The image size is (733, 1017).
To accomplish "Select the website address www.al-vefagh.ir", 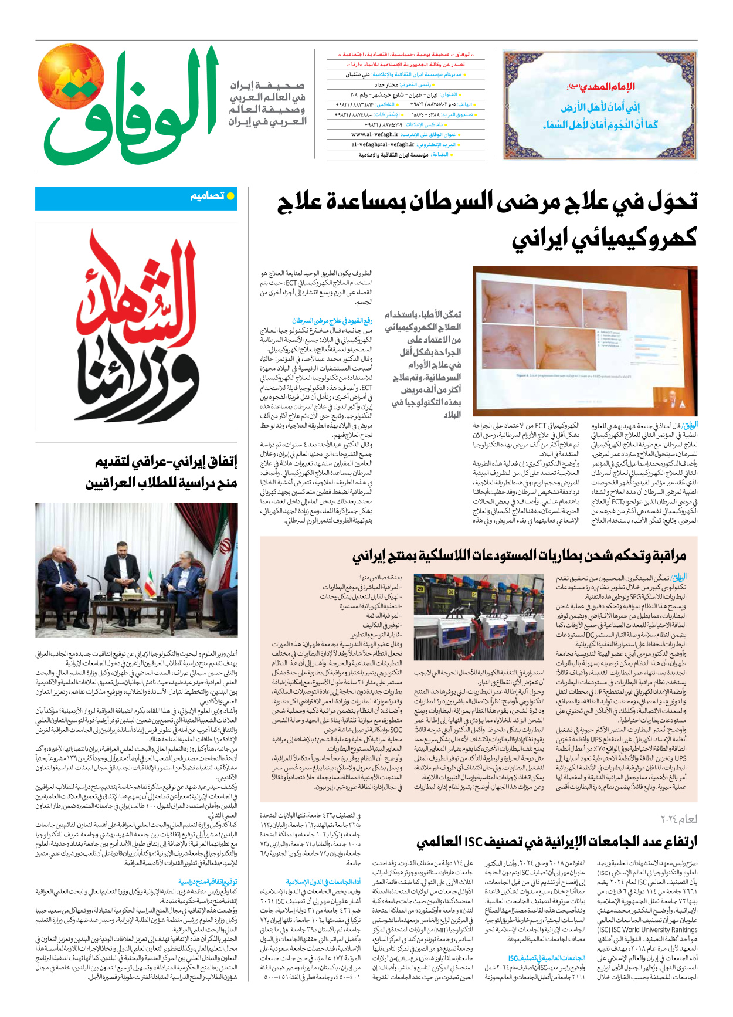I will pyautogui.click(x=375, y=134).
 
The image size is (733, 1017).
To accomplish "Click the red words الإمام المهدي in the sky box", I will pyautogui.click(x=604, y=87).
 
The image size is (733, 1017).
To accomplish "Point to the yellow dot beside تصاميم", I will pyautogui.click(x=231, y=196).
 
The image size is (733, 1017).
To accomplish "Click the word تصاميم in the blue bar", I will pyautogui.click(x=207, y=196).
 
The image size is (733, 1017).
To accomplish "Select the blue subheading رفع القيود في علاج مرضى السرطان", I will pyautogui.click(x=332, y=321).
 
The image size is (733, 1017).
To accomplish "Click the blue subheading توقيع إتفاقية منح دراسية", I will pyautogui.click(x=208, y=882).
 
